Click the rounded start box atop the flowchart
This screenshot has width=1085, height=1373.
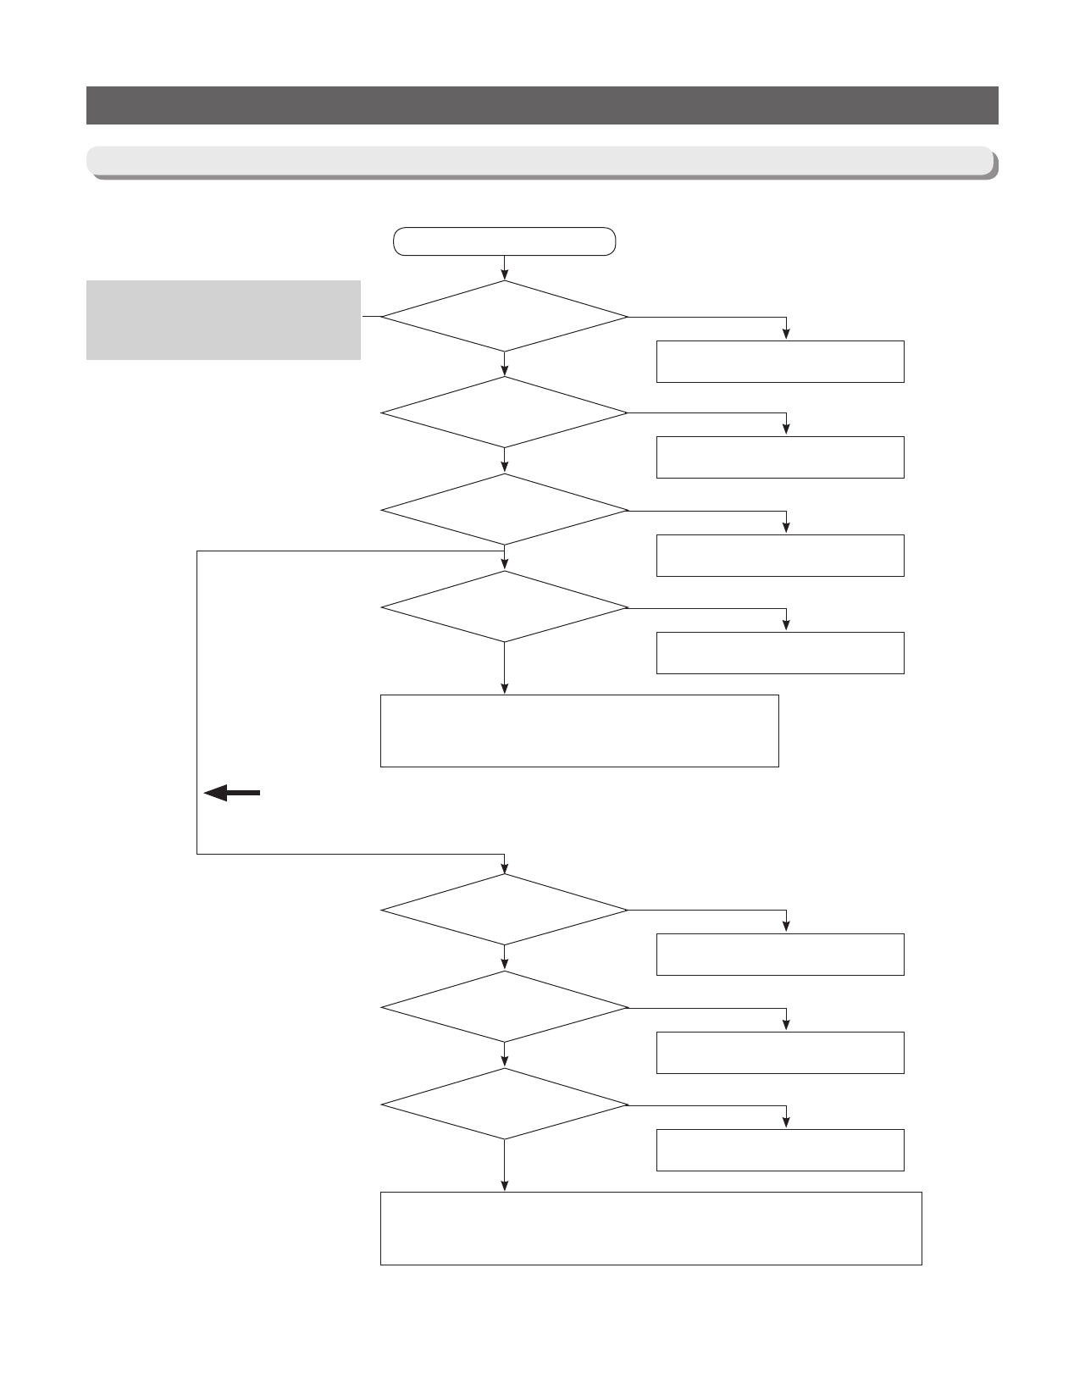504,241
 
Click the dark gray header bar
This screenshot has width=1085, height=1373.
542,105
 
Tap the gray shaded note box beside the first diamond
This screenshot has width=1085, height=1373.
224,320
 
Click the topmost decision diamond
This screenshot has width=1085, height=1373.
504,316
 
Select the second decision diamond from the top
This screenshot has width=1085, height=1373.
504,412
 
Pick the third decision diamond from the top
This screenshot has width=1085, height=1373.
504,510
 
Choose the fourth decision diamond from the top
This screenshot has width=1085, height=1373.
504,607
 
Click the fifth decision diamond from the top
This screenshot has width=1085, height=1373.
504,910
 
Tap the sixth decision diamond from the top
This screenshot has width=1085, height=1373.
504,1007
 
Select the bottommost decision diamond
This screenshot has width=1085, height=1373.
504,1104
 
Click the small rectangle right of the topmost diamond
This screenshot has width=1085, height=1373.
780,362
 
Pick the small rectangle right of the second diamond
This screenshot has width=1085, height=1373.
780,457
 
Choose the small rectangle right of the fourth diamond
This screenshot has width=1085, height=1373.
780,653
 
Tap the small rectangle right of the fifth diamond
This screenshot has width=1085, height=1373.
780,955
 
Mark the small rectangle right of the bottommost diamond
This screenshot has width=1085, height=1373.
780,1150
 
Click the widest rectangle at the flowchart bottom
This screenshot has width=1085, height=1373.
650,1228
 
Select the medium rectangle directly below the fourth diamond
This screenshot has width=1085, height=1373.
579,731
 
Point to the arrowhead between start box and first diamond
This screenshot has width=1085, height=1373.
505,274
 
